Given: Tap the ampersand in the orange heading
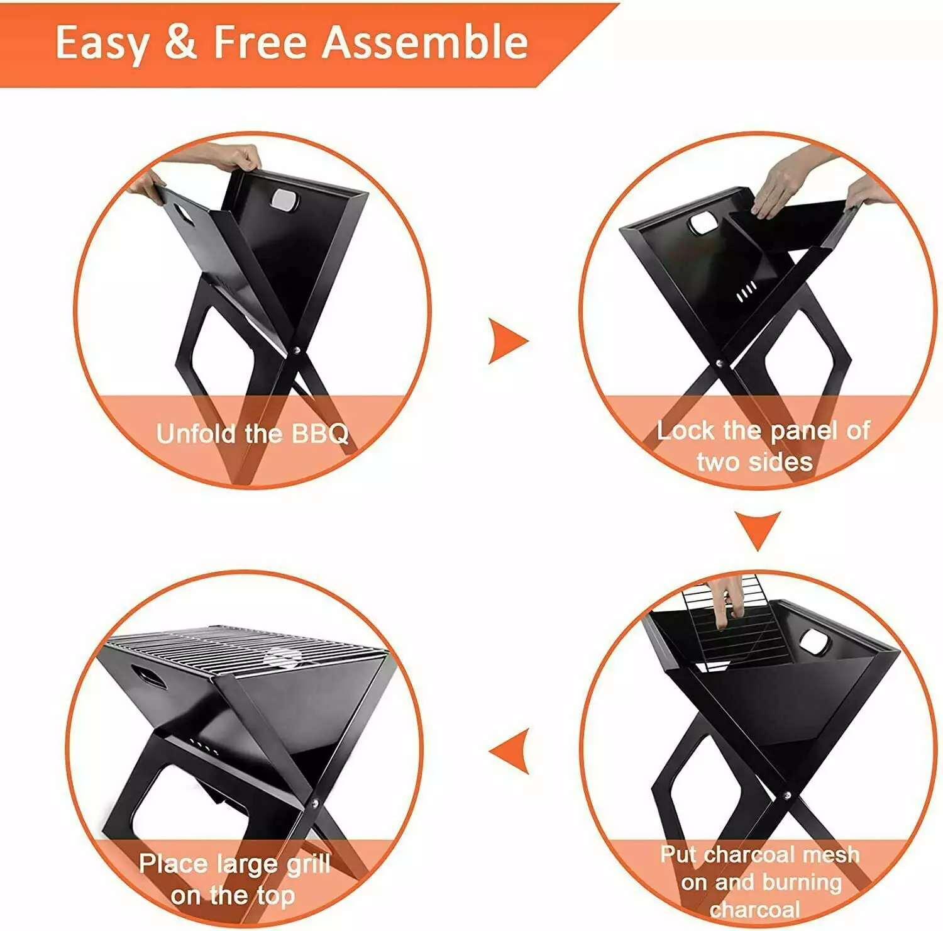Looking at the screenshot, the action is pyautogui.click(x=181, y=43).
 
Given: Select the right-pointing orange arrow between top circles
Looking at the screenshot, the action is pyautogui.click(x=508, y=342).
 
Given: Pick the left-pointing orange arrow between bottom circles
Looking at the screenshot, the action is pyautogui.click(x=509, y=751).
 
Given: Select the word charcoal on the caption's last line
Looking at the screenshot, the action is pyautogui.click(x=755, y=910).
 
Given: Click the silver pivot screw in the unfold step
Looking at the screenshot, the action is pyautogui.click(x=297, y=350).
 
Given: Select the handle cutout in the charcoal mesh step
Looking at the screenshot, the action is pyautogui.click(x=815, y=642).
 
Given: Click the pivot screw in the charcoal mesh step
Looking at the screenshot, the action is pyautogui.click(x=786, y=795).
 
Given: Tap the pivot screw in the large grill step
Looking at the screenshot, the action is pyautogui.click(x=314, y=801).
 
